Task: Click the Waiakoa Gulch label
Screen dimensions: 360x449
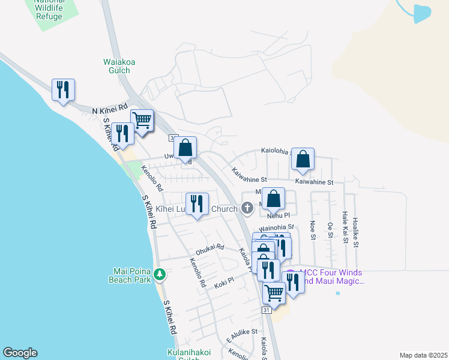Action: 117,65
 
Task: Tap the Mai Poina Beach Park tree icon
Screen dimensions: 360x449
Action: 160,275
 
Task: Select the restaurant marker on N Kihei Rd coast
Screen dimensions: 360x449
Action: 63,90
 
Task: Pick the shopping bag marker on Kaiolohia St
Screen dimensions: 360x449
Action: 303,159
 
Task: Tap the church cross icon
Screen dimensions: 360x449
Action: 247,209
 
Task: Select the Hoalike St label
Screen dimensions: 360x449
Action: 356,232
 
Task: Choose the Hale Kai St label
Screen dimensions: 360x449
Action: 345,227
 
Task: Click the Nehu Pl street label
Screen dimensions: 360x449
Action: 279,215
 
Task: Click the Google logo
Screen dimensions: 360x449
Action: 20,353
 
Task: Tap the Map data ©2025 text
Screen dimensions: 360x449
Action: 423,355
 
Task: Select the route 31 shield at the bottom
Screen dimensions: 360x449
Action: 267,310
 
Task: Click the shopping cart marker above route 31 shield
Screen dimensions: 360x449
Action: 274,293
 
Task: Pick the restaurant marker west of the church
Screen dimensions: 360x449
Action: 197,204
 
